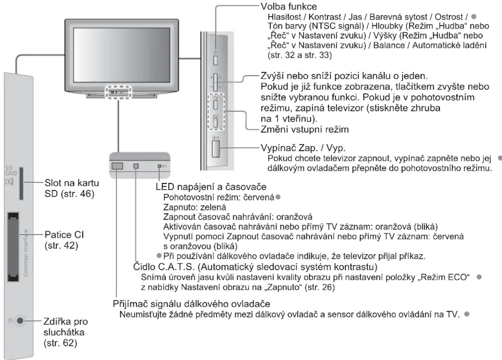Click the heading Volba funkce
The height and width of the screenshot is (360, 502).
(x=289, y=6)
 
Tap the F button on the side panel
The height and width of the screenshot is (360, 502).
(x=215, y=60)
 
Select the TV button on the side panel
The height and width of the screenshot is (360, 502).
(x=215, y=105)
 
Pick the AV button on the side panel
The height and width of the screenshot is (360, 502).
(x=215, y=123)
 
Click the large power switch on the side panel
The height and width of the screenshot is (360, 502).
(x=216, y=149)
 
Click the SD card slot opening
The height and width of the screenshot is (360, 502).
(x=21, y=184)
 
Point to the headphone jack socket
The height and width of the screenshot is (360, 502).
(x=20, y=321)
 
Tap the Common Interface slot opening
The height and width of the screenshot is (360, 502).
(x=13, y=247)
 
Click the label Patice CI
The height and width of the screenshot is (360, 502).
(x=64, y=235)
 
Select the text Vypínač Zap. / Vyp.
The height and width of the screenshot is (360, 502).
(x=303, y=148)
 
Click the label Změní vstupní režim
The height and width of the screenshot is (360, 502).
(x=305, y=129)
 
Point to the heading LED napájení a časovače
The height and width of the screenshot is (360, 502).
(x=211, y=187)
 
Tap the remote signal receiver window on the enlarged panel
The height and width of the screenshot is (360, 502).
(x=117, y=166)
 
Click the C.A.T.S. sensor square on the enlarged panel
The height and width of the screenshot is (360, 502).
(x=136, y=166)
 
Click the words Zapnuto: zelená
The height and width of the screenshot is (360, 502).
(x=195, y=207)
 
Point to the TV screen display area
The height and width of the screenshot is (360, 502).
(x=122, y=55)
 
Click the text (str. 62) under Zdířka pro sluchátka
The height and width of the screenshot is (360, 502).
(x=60, y=343)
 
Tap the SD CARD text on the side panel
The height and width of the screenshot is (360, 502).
(x=11, y=171)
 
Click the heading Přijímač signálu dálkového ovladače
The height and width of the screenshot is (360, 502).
(x=191, y=304)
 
